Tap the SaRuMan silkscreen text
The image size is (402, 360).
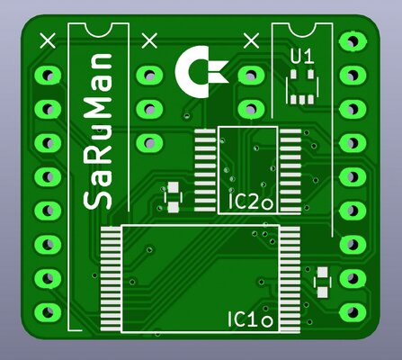tap(97, 131)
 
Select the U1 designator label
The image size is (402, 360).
tap(302, 57)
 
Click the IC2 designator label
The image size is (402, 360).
tap(243, 202)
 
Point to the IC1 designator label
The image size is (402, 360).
tap(243, 319)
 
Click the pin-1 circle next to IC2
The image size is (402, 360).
tap(267, 204)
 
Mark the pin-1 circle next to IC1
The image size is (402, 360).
tap(267, 321)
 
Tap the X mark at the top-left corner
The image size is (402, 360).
tap(48, 40)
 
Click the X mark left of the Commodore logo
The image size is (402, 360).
tap(149, 40)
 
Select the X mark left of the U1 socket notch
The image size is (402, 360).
tap(252, 40)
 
